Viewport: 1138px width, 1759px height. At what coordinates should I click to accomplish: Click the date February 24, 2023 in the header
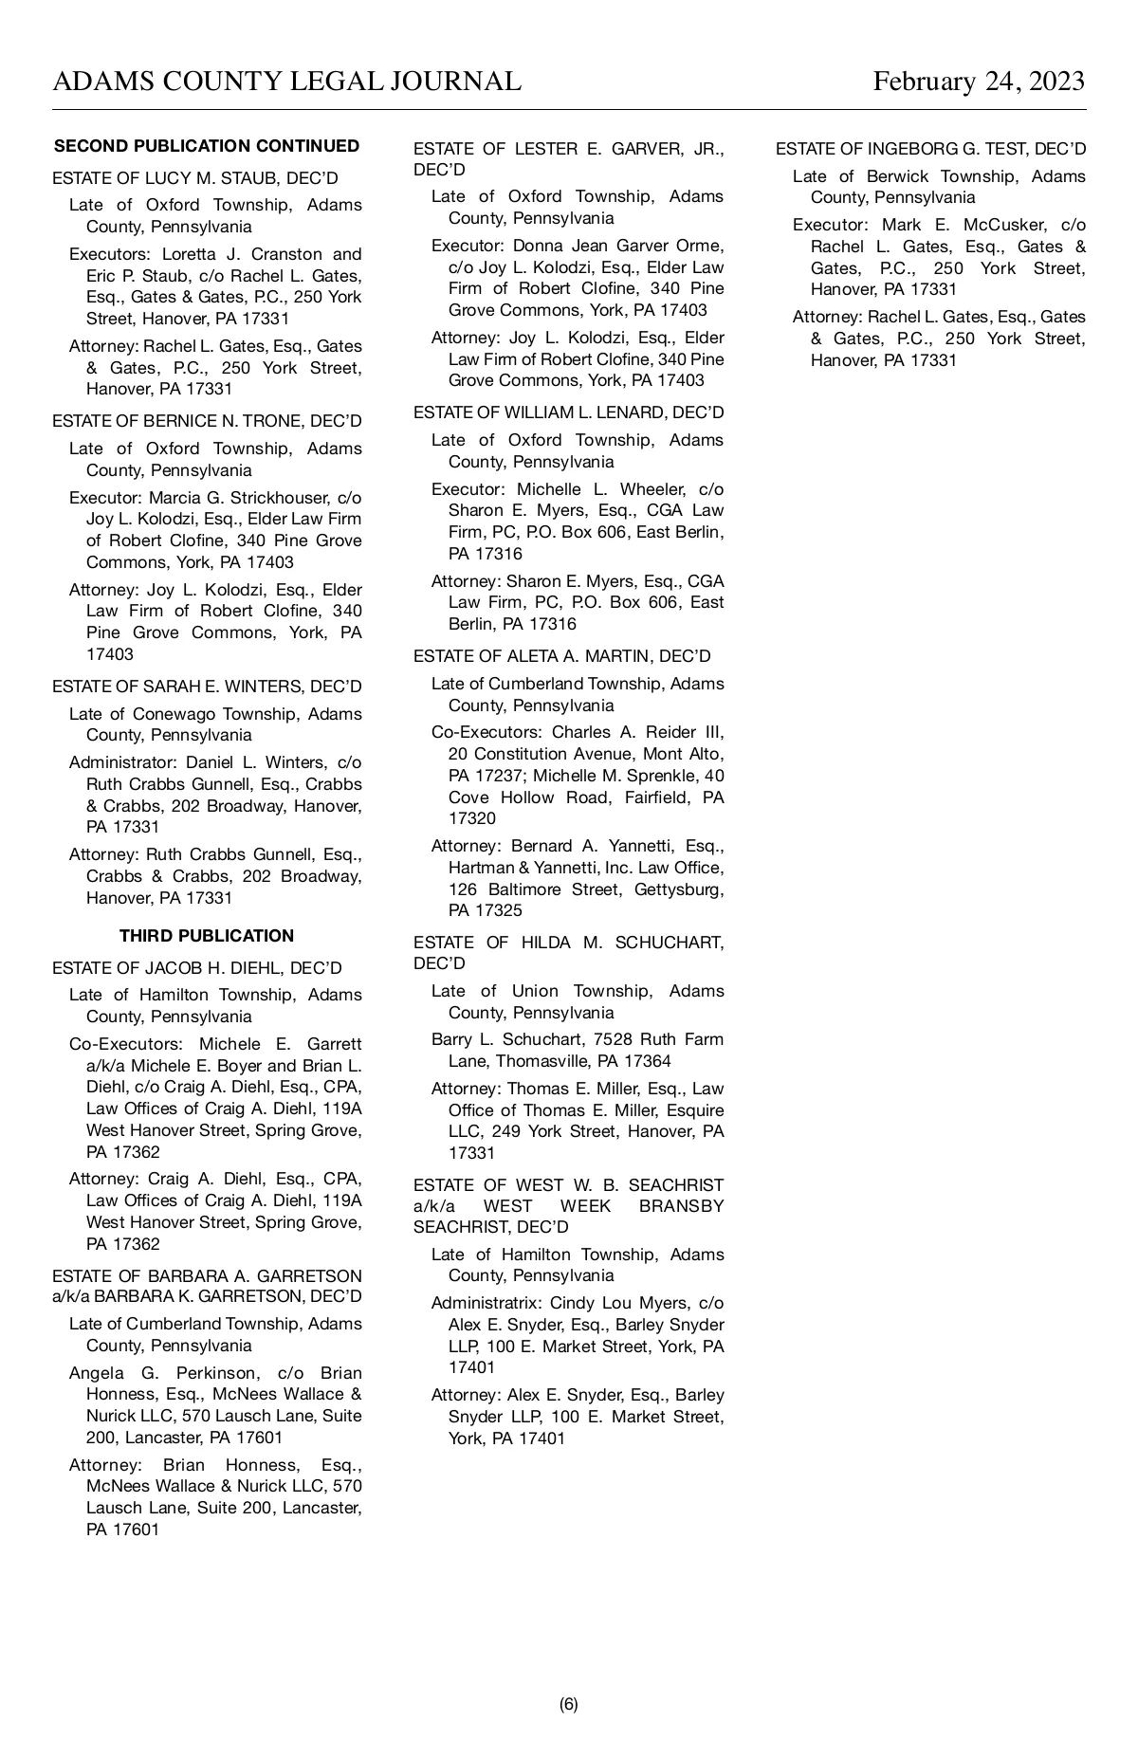[979, 82]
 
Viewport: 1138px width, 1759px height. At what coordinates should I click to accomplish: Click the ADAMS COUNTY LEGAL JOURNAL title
[286, 82]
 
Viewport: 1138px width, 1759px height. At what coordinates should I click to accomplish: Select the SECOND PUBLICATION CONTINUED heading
[207, 146]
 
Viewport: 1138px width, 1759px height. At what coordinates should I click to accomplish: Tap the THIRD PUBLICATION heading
[207, 936]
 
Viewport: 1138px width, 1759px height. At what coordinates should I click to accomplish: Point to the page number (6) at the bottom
[568, 1704]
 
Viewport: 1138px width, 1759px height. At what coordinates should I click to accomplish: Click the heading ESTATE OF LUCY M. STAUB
[195, 178]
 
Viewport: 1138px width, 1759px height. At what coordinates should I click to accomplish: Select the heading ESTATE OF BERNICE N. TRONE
[207, 421]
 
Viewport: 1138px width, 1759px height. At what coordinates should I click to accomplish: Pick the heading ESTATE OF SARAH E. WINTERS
[207, 687]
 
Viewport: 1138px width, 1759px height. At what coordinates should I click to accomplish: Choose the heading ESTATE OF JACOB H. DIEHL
[197, 968]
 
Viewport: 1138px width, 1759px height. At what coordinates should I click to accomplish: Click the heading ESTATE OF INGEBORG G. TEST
[930, 149]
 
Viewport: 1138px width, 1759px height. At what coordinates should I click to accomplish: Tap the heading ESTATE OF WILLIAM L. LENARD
[568, 412]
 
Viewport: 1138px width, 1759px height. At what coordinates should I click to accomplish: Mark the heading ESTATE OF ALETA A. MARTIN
[561, 656]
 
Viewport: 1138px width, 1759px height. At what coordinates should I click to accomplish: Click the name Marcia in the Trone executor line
[174, 498]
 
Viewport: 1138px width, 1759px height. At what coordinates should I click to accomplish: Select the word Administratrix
[486, 1303]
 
